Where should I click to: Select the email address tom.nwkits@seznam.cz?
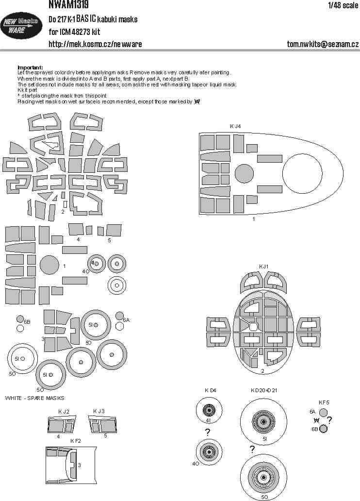(x=323, y=44)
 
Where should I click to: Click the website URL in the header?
(x=95, y=44)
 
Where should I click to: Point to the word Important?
(x=30, y=67)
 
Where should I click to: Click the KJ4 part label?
(x=235, y=126)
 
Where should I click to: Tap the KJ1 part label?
(x=263, y=267)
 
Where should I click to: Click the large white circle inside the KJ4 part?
(x=302, y=173)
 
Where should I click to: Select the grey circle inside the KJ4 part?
(x=244, y=174)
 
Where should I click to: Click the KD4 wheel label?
(x=211, y=390)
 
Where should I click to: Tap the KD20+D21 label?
(x=264, y=390)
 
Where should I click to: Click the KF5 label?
(x=324, y=402)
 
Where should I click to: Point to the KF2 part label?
(x=75, y=441)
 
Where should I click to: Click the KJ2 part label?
(x=64, y=412)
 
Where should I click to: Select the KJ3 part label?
(x=99, y=412)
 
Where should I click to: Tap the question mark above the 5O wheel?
(x=252, y=449)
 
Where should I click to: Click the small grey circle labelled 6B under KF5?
(x=324, y=429)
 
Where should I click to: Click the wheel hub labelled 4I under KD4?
(x=210, y=411)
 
